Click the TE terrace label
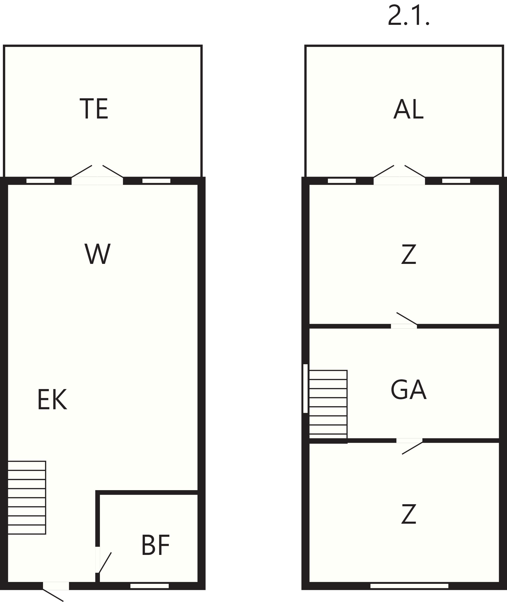coord(94,109)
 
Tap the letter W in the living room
coord(98,254)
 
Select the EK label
coord(52,400)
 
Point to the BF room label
coord(155,545)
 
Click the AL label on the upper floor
coord(408,109)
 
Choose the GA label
coord(408,390)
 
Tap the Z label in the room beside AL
coord(409,254)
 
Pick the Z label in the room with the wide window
coord(409,514)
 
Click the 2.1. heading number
coord(408,16)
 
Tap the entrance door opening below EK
coord(56,586)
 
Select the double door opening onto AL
coord(399,181)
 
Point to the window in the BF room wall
coord(150,586)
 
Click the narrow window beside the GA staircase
coord(305,389)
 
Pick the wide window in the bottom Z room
coord(409,586)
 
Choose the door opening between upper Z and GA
coord(404,326)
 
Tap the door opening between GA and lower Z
coord(409,441)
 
